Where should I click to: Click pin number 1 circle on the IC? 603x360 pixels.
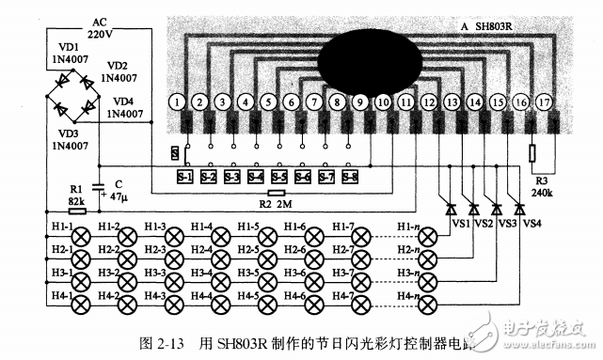(175, 101)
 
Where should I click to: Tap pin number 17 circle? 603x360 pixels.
(543, 101)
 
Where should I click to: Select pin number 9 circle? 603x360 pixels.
(359, 101)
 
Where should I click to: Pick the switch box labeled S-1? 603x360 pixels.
(184, 176)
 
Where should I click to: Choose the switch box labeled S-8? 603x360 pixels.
(349, 176)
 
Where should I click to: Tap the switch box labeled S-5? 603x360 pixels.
(278, 176)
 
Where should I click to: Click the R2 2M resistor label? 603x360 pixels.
(275, 203)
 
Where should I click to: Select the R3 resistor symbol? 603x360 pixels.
(532, 153)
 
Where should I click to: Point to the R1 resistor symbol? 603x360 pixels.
(77, 211)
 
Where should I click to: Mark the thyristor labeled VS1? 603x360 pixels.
(450, 208)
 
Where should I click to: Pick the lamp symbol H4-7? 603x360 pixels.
(365, 305)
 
